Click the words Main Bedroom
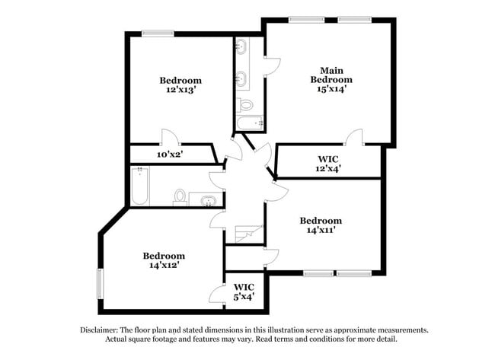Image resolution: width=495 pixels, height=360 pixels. tap(331, 75)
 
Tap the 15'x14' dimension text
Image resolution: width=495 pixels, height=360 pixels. tap(331, 89)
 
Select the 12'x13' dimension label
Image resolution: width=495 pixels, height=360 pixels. tap(180, 90)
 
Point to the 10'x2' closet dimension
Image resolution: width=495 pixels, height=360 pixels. tap(170, 154)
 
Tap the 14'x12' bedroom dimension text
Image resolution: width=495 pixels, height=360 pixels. tap(164, 266)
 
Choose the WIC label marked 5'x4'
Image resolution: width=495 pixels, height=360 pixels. tap(244, 292)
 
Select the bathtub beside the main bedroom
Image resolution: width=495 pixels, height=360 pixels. tap(249, 122)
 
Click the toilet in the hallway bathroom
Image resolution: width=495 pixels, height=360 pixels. tap(180, 198)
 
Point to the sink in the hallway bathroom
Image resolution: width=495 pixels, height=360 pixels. tap(207, 201)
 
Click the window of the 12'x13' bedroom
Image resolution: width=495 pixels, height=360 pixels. tap(158, 33)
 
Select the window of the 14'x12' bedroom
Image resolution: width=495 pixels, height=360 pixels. tap(99, 285)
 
